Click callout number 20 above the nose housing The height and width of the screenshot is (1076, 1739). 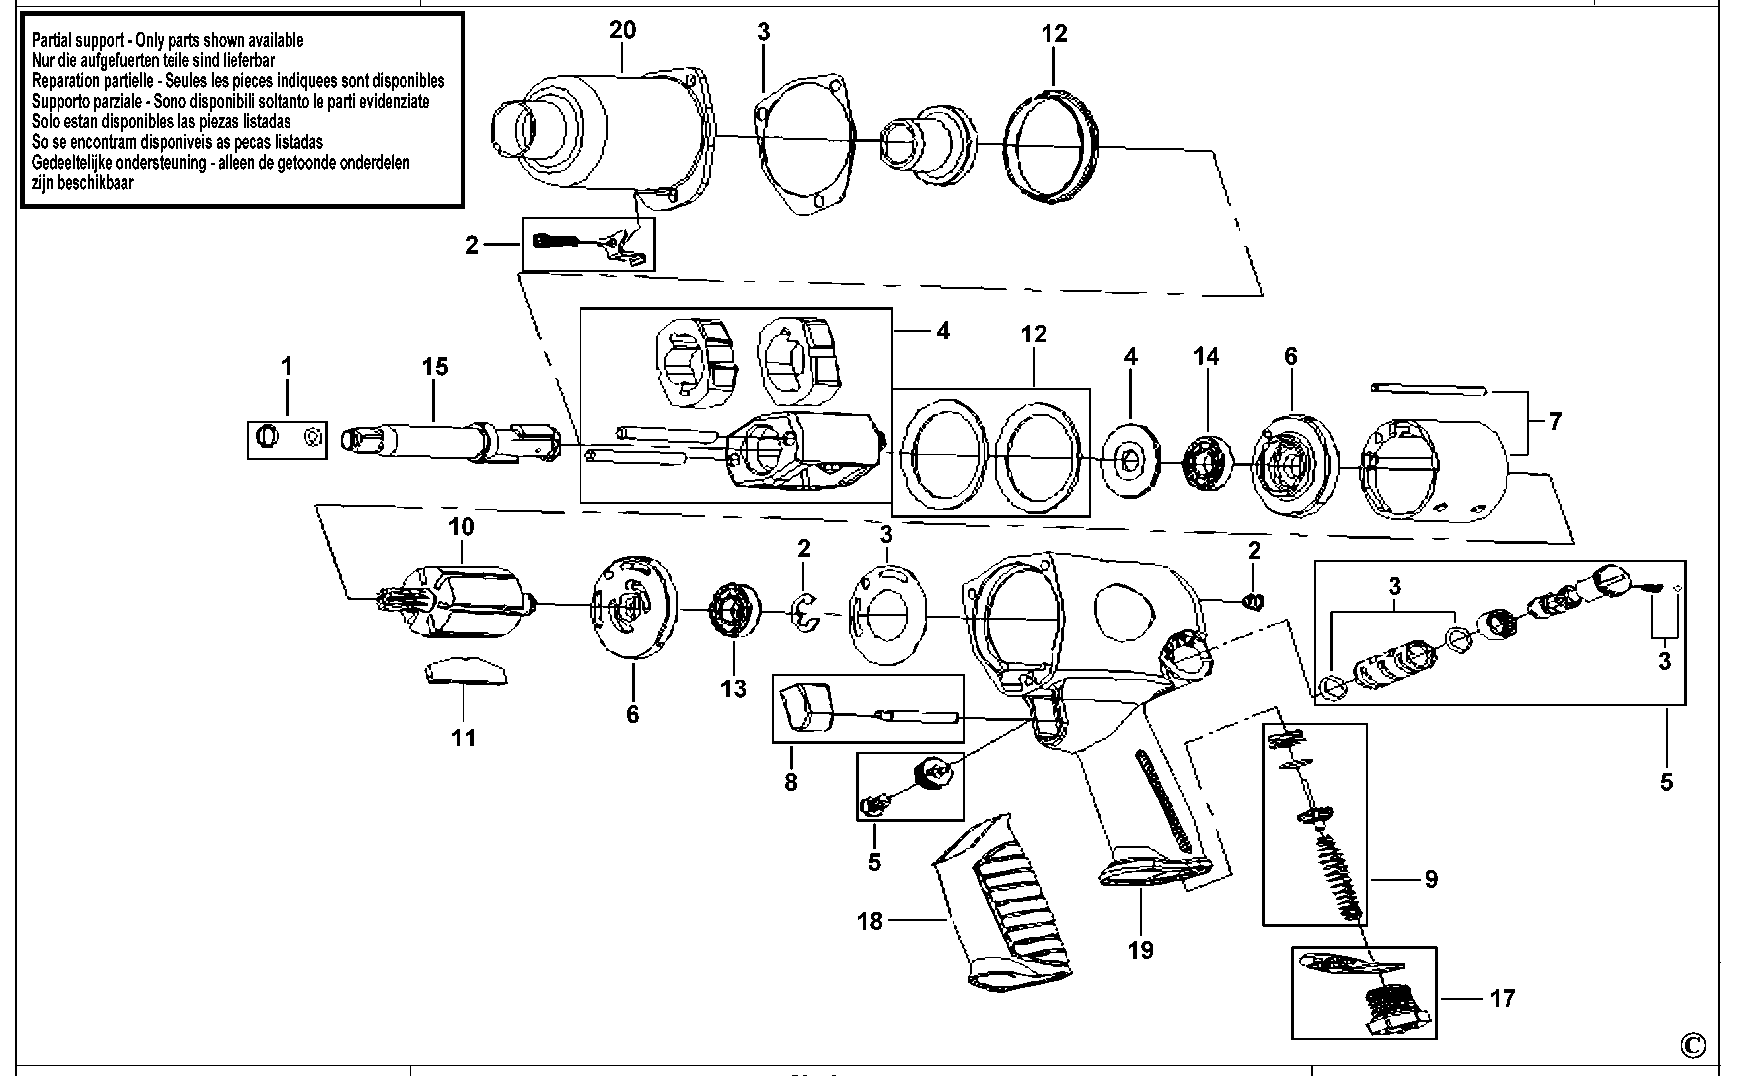coord(622,30)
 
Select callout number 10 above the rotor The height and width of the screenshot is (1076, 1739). coord(461,527)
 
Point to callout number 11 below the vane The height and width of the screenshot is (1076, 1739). coord(464,738)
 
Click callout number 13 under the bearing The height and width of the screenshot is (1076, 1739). coord(733,689)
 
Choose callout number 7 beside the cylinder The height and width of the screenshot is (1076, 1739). coord(1556,422)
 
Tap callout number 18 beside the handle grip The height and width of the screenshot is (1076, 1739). coord(870,921)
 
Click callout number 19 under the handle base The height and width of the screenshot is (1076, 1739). coord(1140,950)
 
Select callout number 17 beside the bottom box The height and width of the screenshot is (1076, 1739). coord(1503,998)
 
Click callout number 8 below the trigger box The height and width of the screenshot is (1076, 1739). coord(791,783)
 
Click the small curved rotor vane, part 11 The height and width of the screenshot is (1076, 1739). coord(466,671)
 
